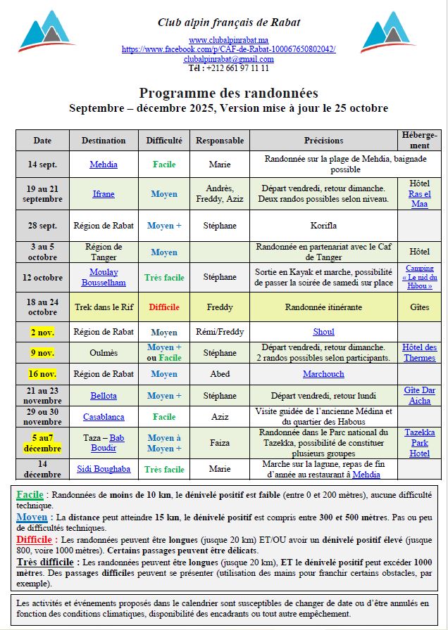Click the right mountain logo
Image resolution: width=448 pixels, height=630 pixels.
pyautogui.click(x=388, y=32)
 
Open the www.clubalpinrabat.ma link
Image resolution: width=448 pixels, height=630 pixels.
pyautogui.click(x=228, y=40)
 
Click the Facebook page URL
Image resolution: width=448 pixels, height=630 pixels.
pyautogui.click(x=228, y=49)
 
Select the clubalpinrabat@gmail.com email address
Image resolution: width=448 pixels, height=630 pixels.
pyautogui.click(x=228, y=59)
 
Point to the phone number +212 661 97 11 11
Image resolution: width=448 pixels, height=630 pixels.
pyautogui.click(x=228, y=68)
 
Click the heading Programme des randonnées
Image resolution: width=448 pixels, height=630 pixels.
pyautogui.click(x=228, y=93)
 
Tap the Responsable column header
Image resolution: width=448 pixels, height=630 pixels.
pyautogui.click(x=220, y=140)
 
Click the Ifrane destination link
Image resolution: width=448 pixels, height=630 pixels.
pyautogui.click(x=104, y=193)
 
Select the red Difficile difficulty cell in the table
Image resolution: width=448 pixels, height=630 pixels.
pyautogui.click(x=163, y=307)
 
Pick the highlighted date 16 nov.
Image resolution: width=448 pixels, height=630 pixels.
pyautogui.click(x=42, y=374)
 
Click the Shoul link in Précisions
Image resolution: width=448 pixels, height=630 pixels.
pyautogui.click(x=323, y=332)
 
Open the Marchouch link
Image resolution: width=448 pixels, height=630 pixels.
pyautogui.click(x=323, y=374)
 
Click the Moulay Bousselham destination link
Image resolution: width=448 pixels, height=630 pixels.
pyautogui.click(x=104, y=277)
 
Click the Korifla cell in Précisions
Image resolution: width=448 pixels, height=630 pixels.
pyautogui.click(x=323, y=226)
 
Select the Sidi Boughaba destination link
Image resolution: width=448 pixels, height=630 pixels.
pyautogui.click(x=104, y=469)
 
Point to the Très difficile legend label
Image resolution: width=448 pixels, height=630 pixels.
pyautogui.click(x=47, y=562)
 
